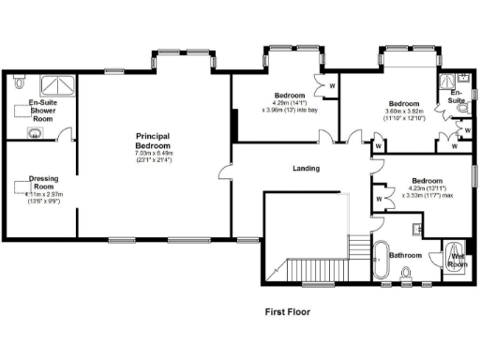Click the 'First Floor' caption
click(x=288, y=311)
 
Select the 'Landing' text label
click(x=306, y=169)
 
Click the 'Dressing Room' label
click(x=44, y=181)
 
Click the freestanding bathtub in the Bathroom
click(x=382, y=263)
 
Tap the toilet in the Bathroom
click(x=405, y=273)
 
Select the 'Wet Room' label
click(x=457, y=260)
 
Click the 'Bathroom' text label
click(x=406, y=254)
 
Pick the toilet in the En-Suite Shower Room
click(x=21, y=84)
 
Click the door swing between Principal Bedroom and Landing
click(x=224, y=172)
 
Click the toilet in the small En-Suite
click(x=462, y=109)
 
